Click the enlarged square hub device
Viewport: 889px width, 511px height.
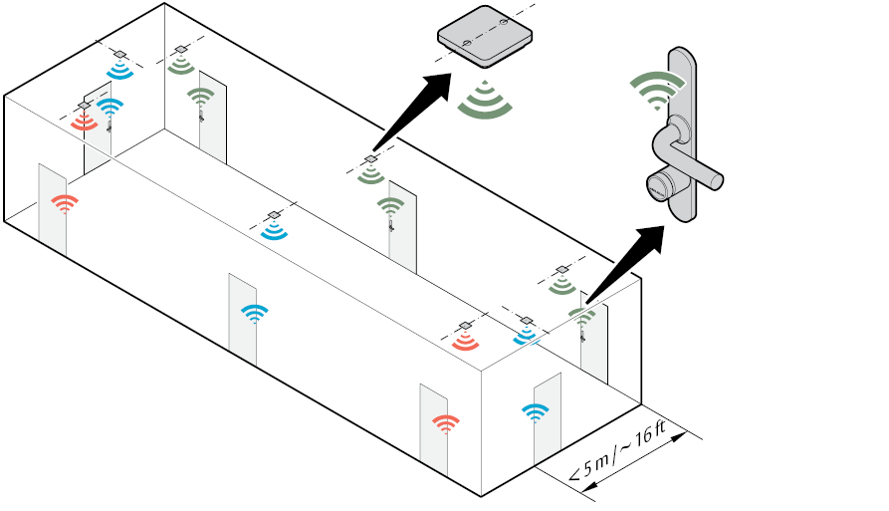(x=485, y=37)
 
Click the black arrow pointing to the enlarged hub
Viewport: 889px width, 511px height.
(x=412, y=112)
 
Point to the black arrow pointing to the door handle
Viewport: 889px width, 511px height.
(x=624, y=263)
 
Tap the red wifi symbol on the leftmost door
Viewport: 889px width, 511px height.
(x=65, y=203)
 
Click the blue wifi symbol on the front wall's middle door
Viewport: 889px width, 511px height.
(x=254, y=313)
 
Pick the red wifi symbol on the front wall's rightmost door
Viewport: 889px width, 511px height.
(x=446, y=423)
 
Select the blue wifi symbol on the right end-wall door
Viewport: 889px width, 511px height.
(x=536, y=411)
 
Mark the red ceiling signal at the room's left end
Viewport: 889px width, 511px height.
(x=84, y=122)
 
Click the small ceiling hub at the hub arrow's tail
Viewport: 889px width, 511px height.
(x=370, y=159)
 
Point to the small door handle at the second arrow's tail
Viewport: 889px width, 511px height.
(x=582, y=337)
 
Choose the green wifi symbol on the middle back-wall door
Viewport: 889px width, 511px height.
(x=390, y=205)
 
